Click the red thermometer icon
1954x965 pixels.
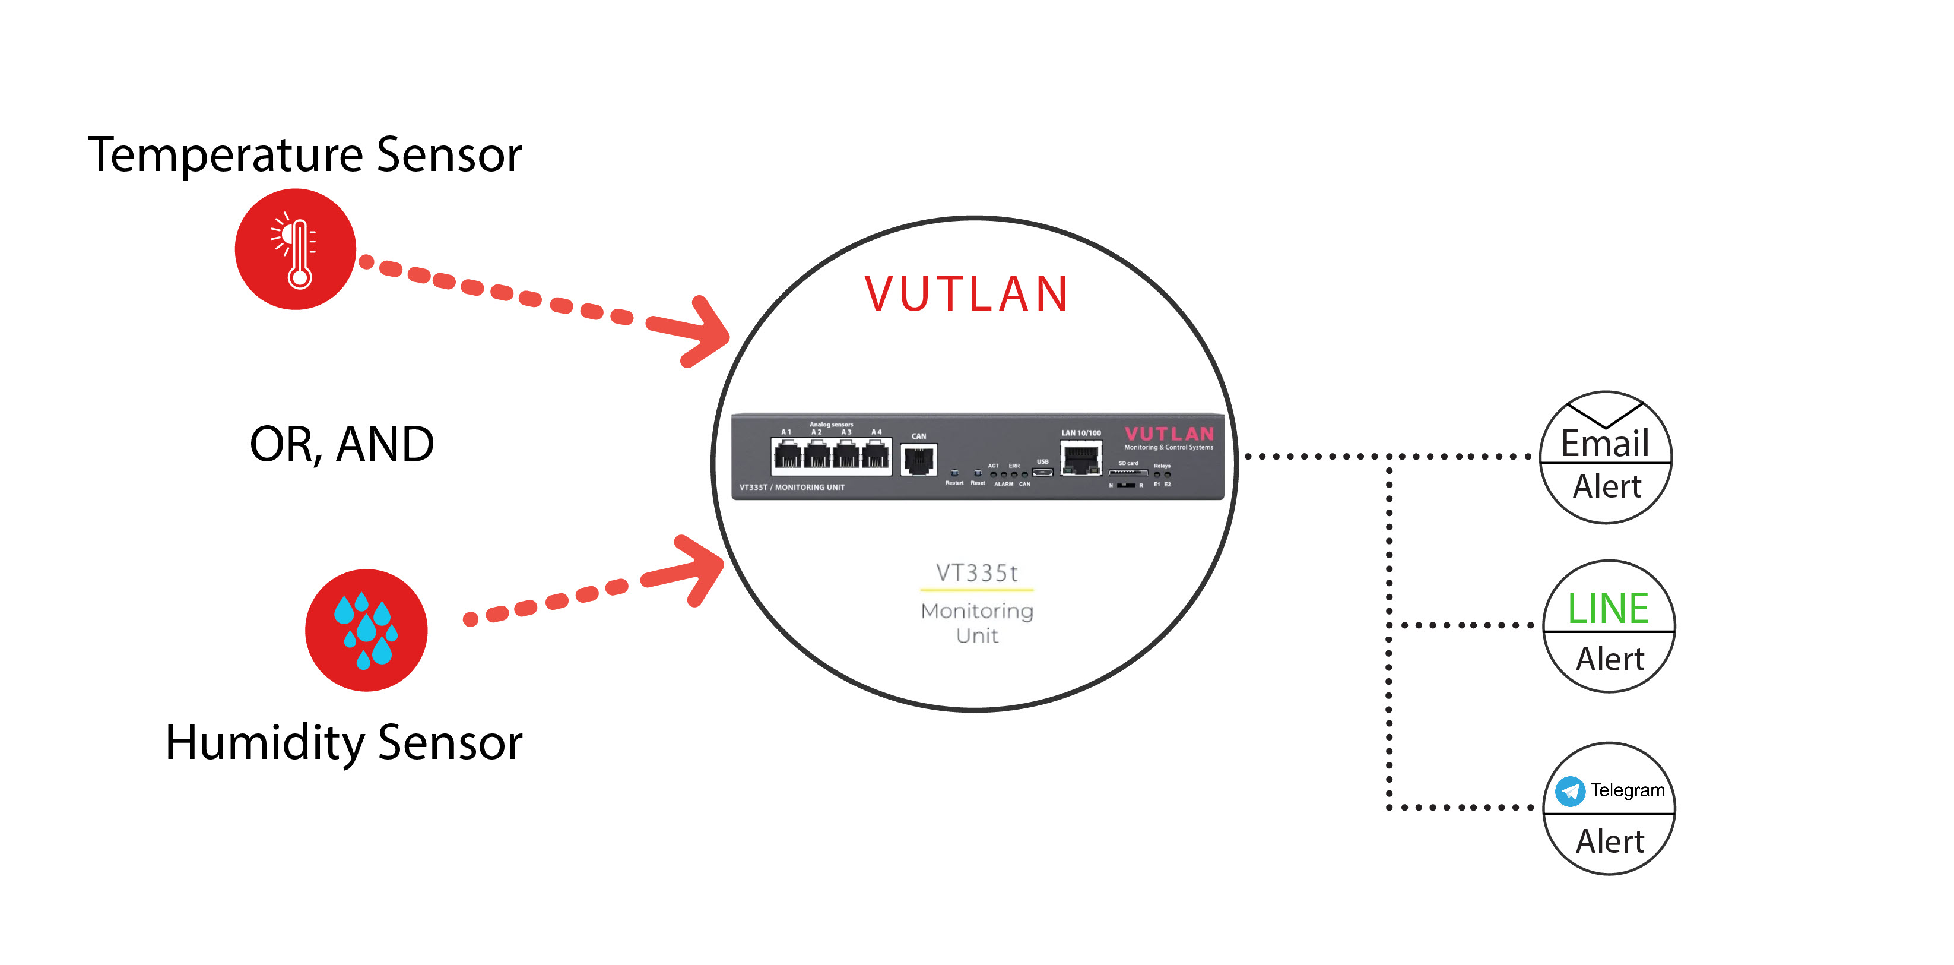pos(295,249)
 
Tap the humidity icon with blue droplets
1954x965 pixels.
pos(366,629)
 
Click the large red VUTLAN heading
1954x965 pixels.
pos(966,295)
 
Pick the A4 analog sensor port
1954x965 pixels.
pos(876,457)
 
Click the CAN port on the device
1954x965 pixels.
pos(919,460)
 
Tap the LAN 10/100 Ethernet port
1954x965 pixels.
pos(1080,459)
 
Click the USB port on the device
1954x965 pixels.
pos(1043,472)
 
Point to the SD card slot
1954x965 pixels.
pos(1127,472)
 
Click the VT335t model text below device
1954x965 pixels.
pos(977,573)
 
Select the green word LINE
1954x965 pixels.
pos(1608,609)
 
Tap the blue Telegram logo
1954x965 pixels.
pos(1569,791)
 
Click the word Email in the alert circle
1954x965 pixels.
pos(1605,444)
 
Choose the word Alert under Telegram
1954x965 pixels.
pos(1610,841)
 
